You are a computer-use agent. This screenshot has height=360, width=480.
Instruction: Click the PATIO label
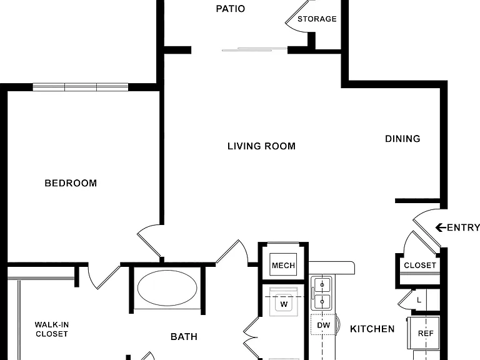tap(230, 9)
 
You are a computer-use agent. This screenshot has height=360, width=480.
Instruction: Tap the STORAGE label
tap(317, 19)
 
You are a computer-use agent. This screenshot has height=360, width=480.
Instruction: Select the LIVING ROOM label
tap(261, 146)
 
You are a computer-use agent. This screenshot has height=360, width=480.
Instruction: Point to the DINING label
tap(402, 139)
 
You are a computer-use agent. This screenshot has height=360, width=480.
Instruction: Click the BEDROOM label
tap(71, 183)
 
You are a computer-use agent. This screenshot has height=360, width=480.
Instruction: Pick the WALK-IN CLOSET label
tap(52, 329)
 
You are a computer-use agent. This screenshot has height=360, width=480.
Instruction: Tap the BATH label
tap(184, 337)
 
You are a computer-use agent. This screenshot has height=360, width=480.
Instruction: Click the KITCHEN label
tap(372, 329)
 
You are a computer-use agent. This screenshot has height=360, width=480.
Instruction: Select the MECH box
tap(283, 264)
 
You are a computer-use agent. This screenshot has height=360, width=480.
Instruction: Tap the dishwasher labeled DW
tap(324, 325)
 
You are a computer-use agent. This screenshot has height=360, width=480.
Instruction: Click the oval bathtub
tap(167, 287)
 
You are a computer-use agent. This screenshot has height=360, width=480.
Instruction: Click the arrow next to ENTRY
tap(441, 227)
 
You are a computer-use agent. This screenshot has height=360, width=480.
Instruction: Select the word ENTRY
tap(463, 227)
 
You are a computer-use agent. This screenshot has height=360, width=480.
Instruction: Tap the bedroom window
tap(81, 87)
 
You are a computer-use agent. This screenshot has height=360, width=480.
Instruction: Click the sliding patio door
tap(254, 49)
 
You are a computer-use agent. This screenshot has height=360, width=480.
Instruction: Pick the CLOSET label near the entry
tap(420, 265)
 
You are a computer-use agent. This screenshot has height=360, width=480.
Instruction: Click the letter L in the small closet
tap(419, 300)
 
